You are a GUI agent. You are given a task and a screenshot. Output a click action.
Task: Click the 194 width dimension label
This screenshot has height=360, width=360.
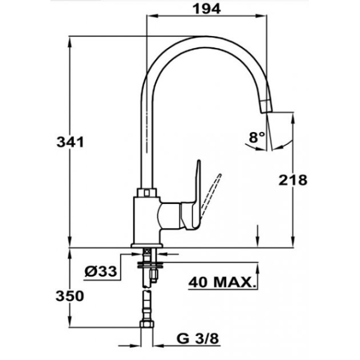[x=206, y=9]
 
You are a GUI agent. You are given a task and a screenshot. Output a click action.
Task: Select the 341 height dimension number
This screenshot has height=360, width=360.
[x=70, y=142]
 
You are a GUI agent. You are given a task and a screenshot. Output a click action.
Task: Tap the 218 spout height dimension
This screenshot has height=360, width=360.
[x=293, y=180]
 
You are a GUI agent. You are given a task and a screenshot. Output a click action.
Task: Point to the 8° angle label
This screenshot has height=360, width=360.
[x=257, y=137]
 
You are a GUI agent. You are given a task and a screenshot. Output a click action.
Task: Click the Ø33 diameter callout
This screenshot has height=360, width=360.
[x=101, y=271]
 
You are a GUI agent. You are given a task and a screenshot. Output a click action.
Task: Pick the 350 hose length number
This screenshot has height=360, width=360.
[x=70, y=296]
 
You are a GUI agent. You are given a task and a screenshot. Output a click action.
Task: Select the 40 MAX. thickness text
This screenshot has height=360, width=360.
[x=222, y=282]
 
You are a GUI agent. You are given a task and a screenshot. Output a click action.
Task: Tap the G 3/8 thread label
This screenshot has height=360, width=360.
[x=198, y=338]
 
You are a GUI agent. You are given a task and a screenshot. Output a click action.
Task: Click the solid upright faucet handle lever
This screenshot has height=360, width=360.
[x=197, y=194]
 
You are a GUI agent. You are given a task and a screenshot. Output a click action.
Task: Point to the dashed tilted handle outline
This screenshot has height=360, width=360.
[x=211, y=194]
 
